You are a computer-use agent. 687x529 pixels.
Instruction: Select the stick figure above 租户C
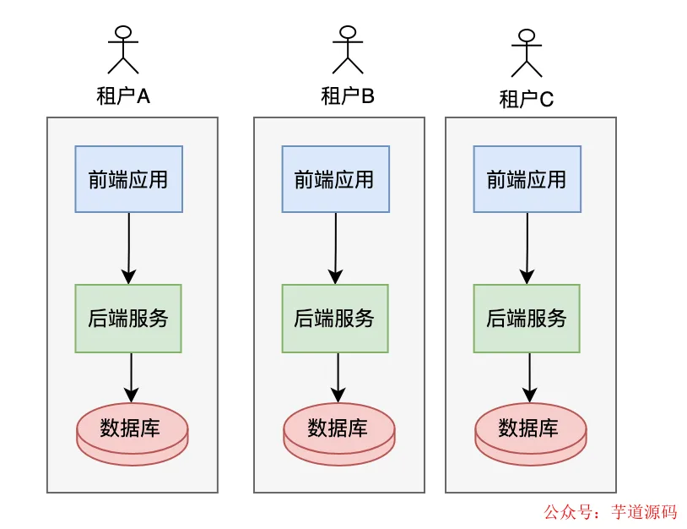point(527,53)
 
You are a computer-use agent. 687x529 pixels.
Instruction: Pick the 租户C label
point(527,100)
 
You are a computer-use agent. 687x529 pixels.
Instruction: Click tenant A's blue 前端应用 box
point(128,179)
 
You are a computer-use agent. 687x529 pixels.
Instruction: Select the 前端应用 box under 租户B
point(335,179)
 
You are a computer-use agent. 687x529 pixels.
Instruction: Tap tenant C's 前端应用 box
point(527,179)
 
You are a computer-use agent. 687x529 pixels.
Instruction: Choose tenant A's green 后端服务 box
point(128,318)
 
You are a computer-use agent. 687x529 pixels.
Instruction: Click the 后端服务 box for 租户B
point(335,318)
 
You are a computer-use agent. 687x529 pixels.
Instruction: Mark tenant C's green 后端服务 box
point(527,318)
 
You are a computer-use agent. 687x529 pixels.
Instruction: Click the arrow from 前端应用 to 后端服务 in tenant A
point(128,247)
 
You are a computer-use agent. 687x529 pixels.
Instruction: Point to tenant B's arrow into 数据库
point(338,377)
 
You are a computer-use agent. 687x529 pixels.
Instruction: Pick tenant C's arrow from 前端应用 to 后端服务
point(527,247)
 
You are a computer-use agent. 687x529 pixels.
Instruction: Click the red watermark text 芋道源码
point(645,512)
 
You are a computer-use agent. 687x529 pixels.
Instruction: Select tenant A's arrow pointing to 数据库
point(131,377)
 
